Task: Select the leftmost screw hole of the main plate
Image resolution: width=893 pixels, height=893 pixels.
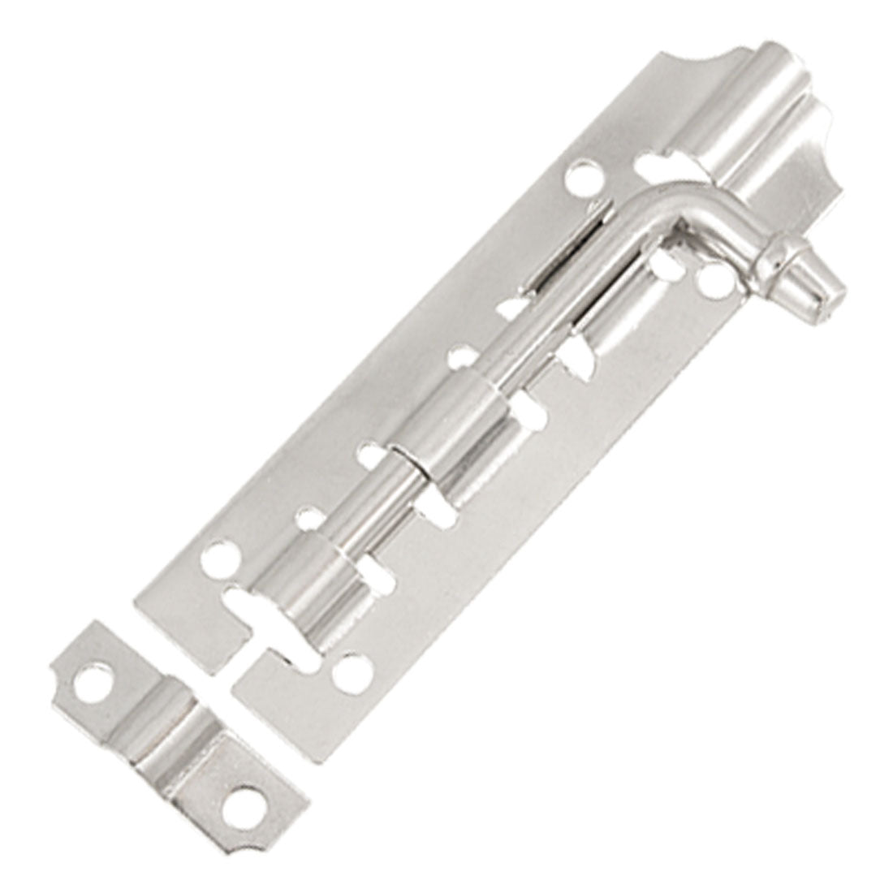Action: click(218, 559)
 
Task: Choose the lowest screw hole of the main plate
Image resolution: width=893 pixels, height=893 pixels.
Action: click(351, 670)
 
